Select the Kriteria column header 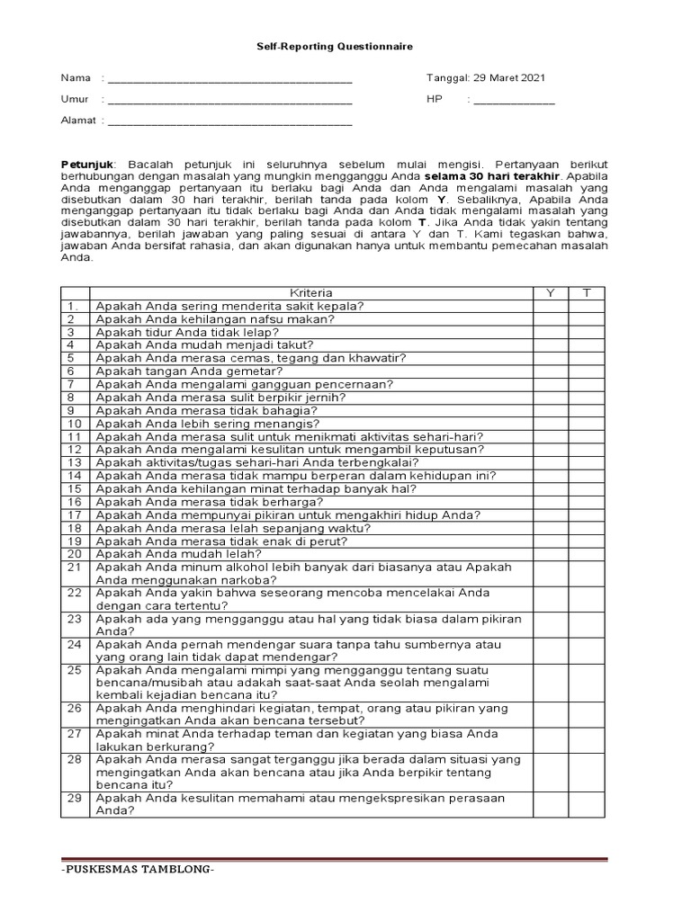[x=311, y=293]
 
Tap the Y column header [x=550, y=293]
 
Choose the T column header [x=587, y=293]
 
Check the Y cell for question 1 [x=550, y=306]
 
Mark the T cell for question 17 [x=587, y=514]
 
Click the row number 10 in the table [x=75, y=424]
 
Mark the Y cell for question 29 [x=550, y=804]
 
